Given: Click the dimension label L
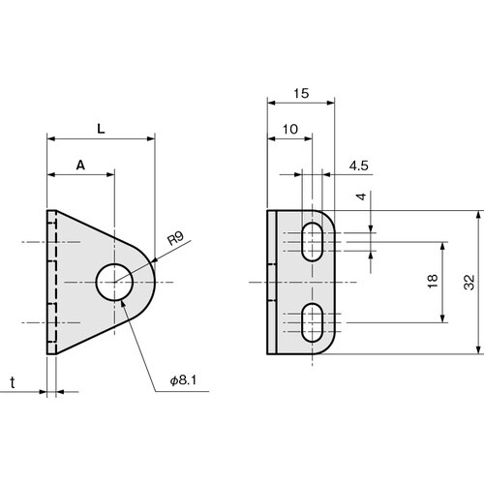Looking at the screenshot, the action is [101, 129].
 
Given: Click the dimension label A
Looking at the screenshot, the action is [80, 166].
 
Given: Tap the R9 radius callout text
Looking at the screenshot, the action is [176, 238].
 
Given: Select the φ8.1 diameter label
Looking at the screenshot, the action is [183, 380].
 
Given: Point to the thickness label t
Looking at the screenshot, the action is [13, 382].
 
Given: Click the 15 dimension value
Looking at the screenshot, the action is [301, 94].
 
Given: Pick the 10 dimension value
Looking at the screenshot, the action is [290, 130].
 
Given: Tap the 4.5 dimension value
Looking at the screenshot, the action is [358, 166].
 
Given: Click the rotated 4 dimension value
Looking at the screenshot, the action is [361, 197].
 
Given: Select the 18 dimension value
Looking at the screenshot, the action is [432, 282].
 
